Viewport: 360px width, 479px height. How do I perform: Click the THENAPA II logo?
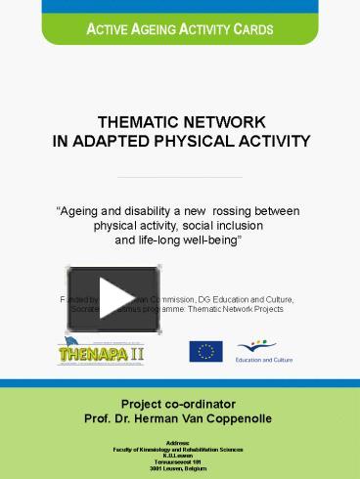[96, 349]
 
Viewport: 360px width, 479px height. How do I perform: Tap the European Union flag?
[205, 351]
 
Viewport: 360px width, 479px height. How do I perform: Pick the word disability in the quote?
[162, 210]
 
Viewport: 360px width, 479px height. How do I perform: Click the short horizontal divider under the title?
[179, 177]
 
